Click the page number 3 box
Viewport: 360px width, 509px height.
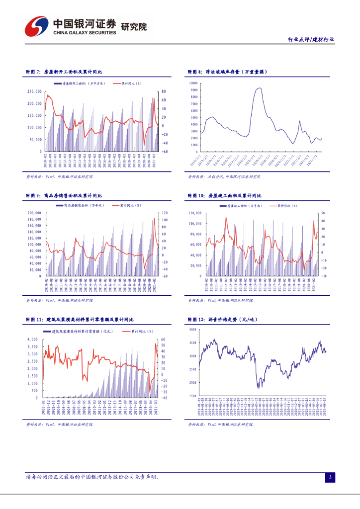[x=330, y=478]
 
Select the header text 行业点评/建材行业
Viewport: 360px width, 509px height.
[x=311, y=39]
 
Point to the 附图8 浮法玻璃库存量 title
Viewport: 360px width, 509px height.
[x=228, y=72]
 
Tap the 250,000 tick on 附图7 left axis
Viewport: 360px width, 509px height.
[x=34, y=91]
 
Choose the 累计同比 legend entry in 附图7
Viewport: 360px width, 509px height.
[x=128, y=84]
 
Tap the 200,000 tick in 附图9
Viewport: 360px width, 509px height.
[x=34, y=213]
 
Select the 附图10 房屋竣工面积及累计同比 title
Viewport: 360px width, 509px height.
[x=232, y=196]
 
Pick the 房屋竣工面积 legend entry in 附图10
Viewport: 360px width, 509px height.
[x=244, y=205]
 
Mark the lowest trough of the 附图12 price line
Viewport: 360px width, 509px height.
[x=258, y=387]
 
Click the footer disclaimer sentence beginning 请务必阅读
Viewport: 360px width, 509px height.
[x=92, y=477]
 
